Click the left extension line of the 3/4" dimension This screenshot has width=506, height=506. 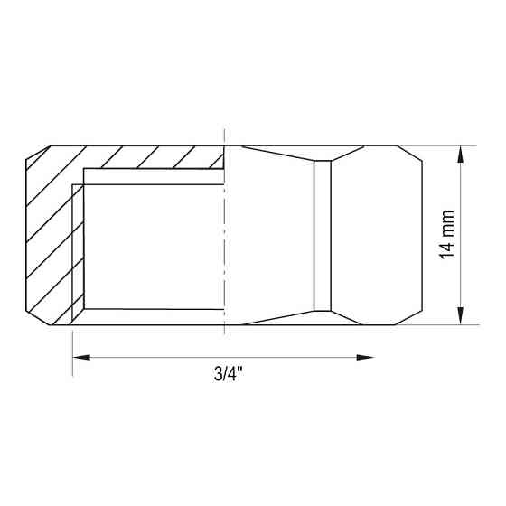pyautogui.click(x=71, y=348)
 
